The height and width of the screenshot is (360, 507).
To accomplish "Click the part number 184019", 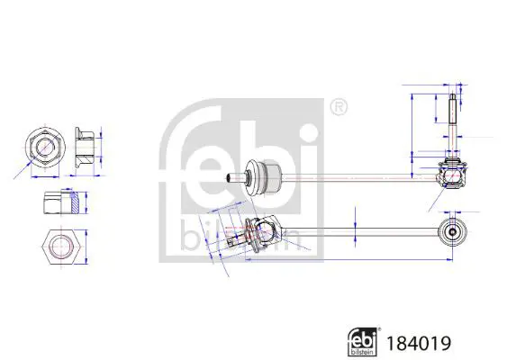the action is (419, 343).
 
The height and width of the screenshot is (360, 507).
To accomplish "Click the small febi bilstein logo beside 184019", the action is (363, 342).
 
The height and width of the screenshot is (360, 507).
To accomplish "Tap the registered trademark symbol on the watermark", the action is (339, 107).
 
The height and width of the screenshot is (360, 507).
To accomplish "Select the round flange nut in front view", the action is (45, 147).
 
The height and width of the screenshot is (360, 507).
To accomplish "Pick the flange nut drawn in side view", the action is (85, 147).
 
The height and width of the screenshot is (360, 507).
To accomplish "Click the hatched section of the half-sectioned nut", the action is (75, 202).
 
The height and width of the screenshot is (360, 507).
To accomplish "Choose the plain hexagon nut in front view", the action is (61, 247).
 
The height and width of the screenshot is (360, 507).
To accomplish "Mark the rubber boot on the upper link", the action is (263, 176).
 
